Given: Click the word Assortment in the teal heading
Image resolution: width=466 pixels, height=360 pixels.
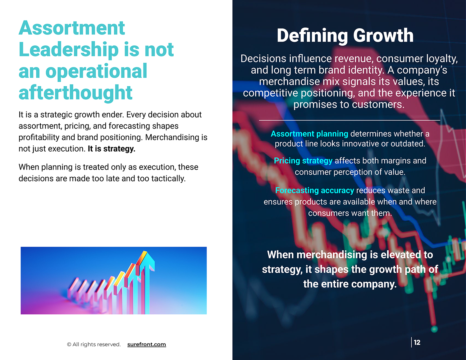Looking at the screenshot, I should click(72, 28).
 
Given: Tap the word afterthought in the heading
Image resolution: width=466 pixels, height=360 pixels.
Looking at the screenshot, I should click(75, 93).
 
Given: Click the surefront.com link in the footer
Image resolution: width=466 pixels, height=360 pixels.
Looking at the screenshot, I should click(146, 344).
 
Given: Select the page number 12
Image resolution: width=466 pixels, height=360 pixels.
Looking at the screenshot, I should click(417, 342).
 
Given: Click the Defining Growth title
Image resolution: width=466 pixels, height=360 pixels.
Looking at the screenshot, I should click(345, 35).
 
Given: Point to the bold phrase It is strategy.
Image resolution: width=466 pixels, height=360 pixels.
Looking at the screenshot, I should click(111, 149).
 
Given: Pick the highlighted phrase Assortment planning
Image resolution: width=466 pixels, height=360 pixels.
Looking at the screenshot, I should click(309, 134).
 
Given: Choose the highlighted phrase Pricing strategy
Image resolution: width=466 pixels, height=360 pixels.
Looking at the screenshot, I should click(303, 161).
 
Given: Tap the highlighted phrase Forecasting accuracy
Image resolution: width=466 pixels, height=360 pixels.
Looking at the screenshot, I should click(314, 190).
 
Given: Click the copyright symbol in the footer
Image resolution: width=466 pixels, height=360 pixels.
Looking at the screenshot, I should click(69, 344).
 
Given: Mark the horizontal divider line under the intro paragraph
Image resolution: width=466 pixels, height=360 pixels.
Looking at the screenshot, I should click(349, 120).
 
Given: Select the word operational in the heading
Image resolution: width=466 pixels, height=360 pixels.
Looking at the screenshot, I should click(96, 71).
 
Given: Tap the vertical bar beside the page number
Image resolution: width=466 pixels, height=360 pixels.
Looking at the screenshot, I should click(411, 342).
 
